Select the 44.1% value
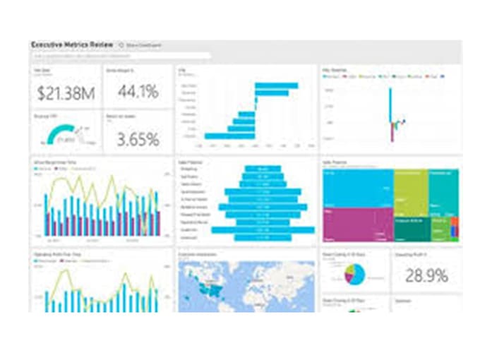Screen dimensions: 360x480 pos(138,91)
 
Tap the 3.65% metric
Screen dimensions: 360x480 pos(138,138)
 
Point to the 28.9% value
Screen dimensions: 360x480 pos(426,275)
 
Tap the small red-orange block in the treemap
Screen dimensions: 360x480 pos(455,224)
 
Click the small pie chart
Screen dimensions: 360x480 pos(354,273)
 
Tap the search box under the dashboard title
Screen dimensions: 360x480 pos(120,55)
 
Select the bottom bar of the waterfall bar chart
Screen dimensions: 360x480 pos(229,135)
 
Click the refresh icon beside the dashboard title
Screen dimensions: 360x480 pos(121,44)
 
